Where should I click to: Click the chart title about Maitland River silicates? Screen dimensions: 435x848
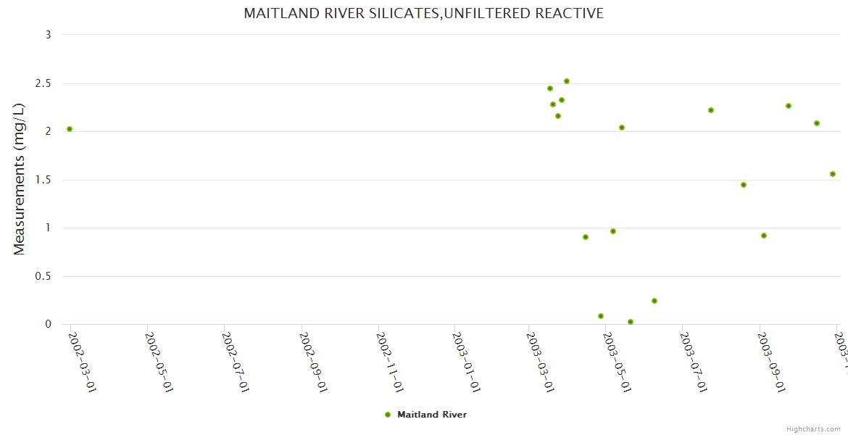point(423,14)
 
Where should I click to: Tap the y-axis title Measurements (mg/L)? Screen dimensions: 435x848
point(20,179)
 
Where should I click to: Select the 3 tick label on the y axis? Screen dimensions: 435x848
point(48,35)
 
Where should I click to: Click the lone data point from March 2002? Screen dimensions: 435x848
point(70,129)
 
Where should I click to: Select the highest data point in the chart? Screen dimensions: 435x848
point(567,81)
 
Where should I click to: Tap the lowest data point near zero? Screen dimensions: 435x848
point(631,322)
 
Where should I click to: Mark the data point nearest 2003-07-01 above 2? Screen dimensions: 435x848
point(711,110)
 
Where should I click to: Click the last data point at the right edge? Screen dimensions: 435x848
point(833,174)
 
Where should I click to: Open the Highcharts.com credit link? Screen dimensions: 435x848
point(813,428)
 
